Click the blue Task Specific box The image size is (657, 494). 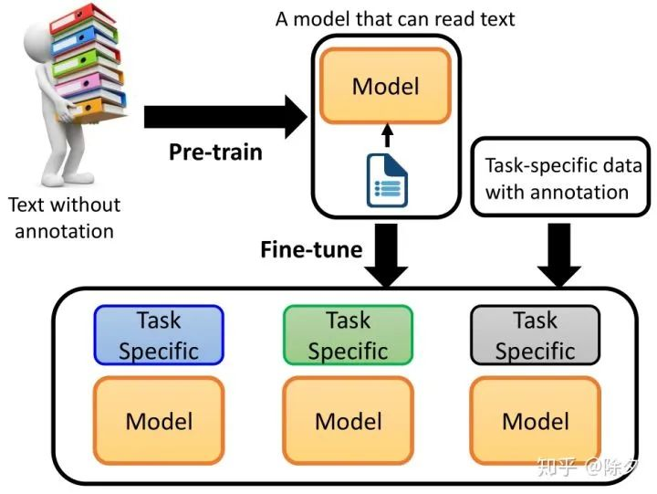[159, 335]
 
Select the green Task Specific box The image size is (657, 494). [348, 335]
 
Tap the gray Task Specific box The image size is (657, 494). [535, 335]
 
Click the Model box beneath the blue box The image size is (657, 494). [159, 420]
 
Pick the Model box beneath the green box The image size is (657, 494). [348, 420]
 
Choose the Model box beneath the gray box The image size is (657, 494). [535, 420]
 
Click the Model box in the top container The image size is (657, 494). [385, 87]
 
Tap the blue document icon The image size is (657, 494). [387, 181]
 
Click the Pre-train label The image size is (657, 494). [215, 152]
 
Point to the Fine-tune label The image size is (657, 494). [311, 249]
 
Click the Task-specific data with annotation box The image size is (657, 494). [560, 177]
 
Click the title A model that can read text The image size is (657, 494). [395, 18]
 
